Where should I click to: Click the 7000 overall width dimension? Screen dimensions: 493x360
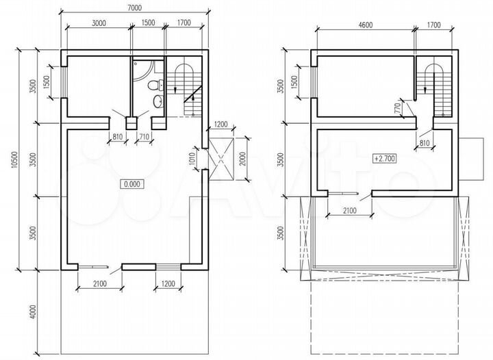coord(134,8)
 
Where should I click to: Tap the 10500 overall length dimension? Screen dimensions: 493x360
coord(14,161)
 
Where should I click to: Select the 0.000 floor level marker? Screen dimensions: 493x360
coord(132,184)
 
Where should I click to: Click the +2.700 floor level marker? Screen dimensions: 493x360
coord(384,158)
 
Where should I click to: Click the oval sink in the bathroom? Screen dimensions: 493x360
coord(158,101)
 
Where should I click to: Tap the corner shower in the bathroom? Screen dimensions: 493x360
coord(143,70)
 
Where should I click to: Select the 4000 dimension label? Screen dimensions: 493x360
coord(34,311)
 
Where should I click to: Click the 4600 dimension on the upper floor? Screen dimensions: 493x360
coord(365,25)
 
